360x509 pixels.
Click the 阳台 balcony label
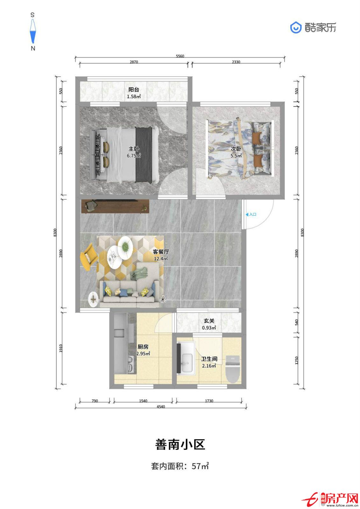point(134,90)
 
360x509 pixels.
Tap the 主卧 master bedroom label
point(134,149)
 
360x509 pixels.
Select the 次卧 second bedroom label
point(236,149)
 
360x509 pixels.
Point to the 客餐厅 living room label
point(161,252)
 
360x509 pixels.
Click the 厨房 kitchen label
point(143,347)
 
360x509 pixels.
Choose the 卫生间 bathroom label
point(209,359)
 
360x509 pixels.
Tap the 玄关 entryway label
point(209,321)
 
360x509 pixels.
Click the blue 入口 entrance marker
point(251,214)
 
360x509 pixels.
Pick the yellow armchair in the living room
point(89,256)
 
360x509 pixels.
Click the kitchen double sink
point(131,365)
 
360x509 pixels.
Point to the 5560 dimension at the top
point(180,56)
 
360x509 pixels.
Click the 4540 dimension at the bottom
point(161,407)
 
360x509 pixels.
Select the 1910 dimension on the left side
point(61,348)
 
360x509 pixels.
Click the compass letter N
point(33,48)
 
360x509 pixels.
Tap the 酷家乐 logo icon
point(296,28)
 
